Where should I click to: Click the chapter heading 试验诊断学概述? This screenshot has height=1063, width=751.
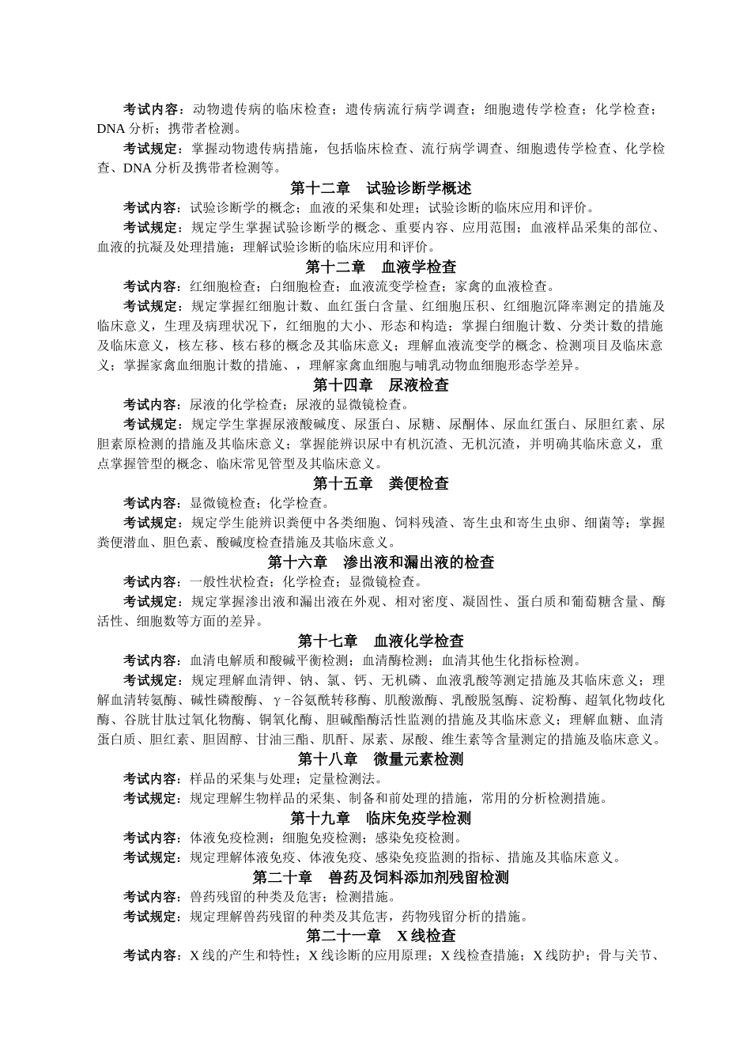tap(380, 188)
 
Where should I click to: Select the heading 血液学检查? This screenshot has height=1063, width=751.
tap(380, 267)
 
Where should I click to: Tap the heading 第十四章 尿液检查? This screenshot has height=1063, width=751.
tap(380, 385)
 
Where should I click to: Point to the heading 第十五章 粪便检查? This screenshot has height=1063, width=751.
tap(380, 483)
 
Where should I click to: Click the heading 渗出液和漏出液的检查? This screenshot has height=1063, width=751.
tap(380, 562)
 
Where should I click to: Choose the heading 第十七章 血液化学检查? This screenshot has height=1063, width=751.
tap(380, 641)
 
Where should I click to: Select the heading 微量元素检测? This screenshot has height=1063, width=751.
tap(380, 759)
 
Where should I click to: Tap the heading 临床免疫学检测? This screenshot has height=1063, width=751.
tap(380, 818)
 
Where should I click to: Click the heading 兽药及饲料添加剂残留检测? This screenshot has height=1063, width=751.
tap(380, 877)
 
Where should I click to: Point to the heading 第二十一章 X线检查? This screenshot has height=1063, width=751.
tap(380, 936)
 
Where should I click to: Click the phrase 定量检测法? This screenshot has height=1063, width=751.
tap(319, 779)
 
